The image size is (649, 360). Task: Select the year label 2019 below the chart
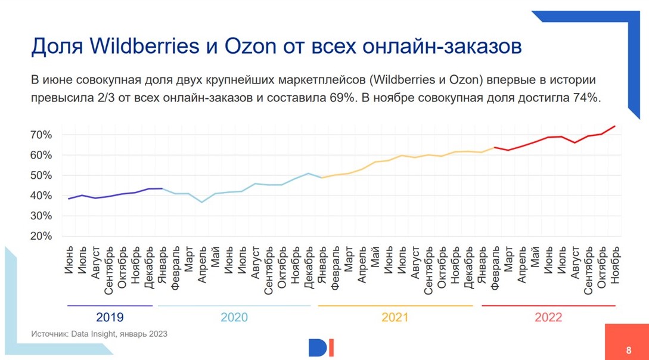110,317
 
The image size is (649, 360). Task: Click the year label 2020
234,317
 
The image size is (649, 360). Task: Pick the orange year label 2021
395,317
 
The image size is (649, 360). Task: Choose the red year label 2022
548,317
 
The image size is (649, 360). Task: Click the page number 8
629,350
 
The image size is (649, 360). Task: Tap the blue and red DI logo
321,347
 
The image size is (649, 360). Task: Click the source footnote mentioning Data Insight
99,334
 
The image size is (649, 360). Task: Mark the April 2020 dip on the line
202,202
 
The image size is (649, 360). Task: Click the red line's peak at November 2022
615,126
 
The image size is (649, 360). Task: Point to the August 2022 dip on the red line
575,142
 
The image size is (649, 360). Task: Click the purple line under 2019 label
110,306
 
